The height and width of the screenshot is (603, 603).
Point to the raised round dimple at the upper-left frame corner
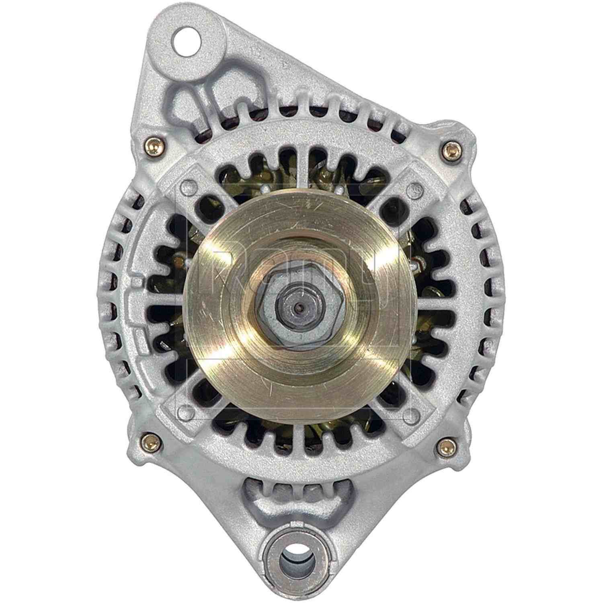click(186, 186)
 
